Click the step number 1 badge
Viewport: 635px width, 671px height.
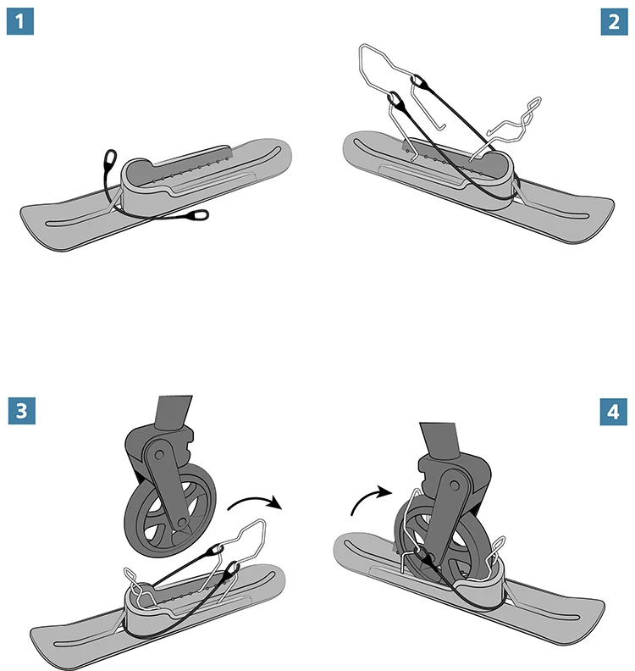tap(20, 22)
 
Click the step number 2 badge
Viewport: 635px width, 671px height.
tap(614, 22)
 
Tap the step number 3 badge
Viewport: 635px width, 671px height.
tap(22, 411)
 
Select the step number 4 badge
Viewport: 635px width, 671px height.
tap(613, 412)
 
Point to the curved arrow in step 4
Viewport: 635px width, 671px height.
tap(367, 497)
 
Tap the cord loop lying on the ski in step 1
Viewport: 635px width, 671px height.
tap(198, 214)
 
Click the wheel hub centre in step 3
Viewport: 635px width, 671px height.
tap(182, 523)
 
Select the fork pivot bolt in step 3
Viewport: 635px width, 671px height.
tap(159, 453)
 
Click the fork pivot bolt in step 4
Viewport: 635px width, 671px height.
tap(455, 485)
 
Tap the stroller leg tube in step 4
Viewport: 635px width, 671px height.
tap(439, 441)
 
